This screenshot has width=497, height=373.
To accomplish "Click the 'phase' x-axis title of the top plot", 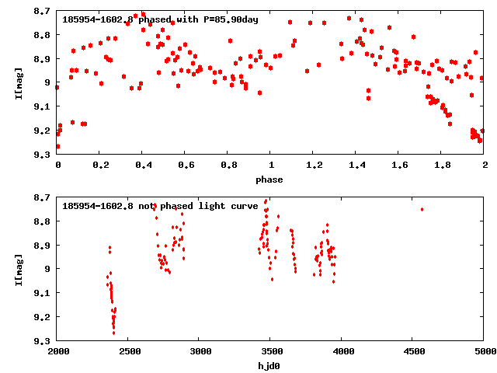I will [270, 180].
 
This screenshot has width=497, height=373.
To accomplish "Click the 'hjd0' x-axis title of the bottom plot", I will [270, 366].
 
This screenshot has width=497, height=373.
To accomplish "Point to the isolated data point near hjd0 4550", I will [422, 209].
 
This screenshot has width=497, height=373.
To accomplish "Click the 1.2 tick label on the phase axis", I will [314, 166].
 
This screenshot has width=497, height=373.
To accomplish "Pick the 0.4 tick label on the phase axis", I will [143, 166].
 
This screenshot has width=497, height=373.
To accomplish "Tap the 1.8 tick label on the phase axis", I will [442, 166].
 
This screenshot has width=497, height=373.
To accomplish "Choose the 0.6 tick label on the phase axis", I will [186, 166].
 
